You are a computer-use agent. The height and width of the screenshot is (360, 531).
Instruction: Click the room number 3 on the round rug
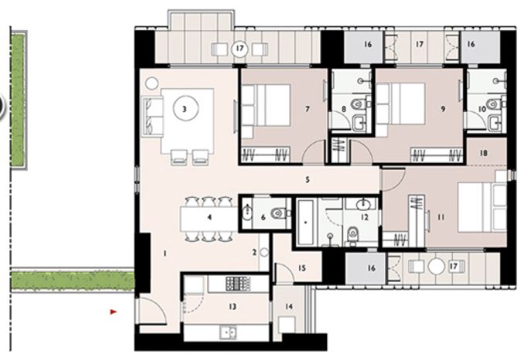(184, 110)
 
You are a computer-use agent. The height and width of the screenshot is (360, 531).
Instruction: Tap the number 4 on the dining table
(209, 218)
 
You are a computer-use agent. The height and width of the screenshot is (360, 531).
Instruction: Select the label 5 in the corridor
(307, 180)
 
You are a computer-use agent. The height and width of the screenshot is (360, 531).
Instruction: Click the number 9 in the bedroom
(443, 110)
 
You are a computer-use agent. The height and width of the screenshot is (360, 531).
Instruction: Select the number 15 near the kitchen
(302, 268)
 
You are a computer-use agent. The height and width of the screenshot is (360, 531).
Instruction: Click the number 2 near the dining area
(254, 252)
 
